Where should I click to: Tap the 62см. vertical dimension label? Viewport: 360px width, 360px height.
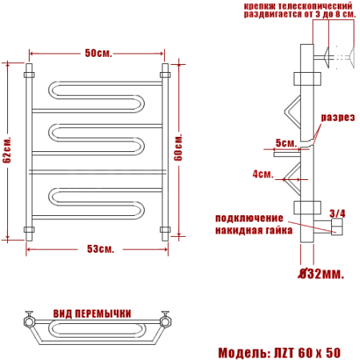pos(7,150)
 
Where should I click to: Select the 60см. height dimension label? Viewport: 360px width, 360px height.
pos(178,147)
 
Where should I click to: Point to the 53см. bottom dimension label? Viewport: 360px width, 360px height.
pos(101,249)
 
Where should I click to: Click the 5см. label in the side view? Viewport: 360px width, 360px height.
pos(286,143)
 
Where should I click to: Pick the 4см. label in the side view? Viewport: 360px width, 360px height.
pos(263,174)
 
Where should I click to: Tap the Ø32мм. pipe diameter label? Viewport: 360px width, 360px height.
pos(321,274)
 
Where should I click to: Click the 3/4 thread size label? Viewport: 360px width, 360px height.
pos(338,214)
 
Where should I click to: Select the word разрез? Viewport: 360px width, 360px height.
pos(338,118)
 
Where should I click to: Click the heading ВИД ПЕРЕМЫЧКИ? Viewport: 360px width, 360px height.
pos(92,314)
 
